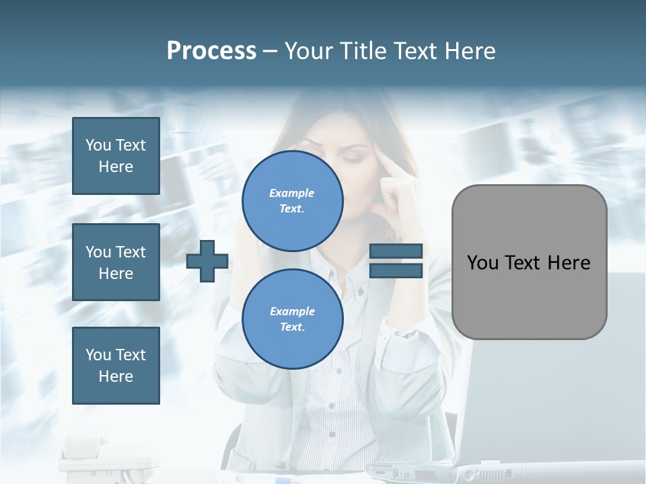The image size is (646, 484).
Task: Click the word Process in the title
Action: coord(211,51)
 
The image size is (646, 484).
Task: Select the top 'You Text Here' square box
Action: coord(116,156)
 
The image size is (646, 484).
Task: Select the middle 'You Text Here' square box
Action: coord(116,262)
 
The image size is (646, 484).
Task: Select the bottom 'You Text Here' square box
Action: coord(116,365)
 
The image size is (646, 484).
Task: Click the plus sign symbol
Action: coord(207,261)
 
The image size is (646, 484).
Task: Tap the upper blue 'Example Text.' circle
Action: coord(292,200)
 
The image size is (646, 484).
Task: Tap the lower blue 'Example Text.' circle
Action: coord(292,319)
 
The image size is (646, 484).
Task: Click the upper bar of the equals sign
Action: coord(396,251)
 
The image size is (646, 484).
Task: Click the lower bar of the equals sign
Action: coord(396,270)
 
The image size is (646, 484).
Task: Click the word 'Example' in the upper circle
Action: coord(292,193)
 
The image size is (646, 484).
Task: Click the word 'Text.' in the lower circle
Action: coord(292,327)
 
